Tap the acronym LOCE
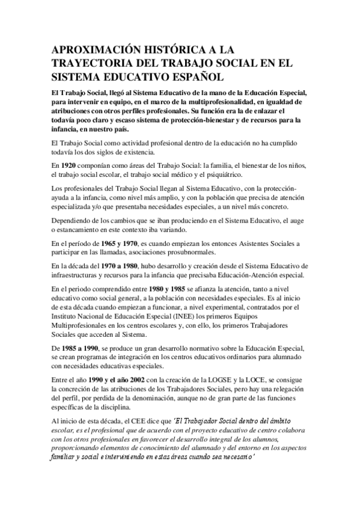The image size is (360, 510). (270, 379)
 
